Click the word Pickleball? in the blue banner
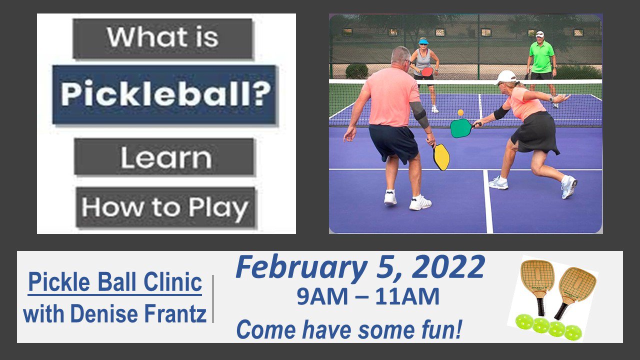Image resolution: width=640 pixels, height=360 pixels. [x=165, y=93]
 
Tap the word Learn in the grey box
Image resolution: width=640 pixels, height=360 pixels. [x=166, y=157]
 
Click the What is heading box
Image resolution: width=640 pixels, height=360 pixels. [x=163, y=38]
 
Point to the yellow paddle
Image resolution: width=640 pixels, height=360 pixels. [x=441, y=157]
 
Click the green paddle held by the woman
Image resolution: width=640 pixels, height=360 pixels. [x=460, y=127]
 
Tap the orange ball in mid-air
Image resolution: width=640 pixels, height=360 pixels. [x=460, y=112]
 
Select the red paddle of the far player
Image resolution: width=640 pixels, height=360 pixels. [x=427, y=71]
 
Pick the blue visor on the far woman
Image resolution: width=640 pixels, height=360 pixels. [x=423, y=41]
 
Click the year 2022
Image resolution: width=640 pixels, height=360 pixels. [x=448, y=266]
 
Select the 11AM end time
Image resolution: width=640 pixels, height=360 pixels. [x=407, y=296]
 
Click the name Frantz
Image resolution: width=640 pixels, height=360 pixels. [x=175, y=313]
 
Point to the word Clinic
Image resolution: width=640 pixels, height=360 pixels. [x=172, y=281]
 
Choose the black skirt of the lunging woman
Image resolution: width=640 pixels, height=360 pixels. [x=536, y=133]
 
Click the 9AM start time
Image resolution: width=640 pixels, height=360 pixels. [x=322, y=296]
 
